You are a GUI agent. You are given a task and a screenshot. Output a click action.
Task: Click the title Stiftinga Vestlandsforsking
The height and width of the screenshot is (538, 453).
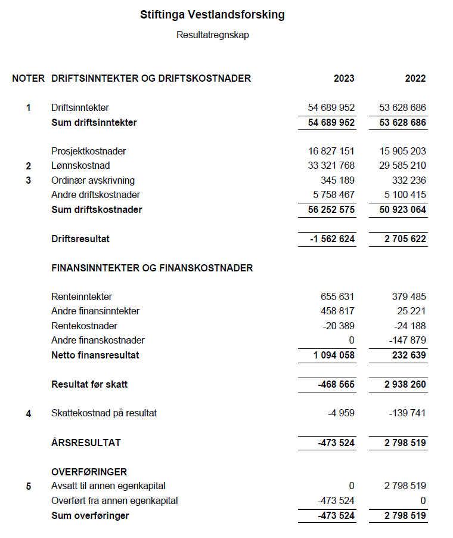point(212,15)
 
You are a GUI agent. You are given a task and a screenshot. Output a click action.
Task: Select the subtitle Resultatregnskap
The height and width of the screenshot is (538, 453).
point(212,35)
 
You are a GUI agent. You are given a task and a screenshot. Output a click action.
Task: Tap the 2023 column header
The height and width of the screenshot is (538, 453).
point(344,79)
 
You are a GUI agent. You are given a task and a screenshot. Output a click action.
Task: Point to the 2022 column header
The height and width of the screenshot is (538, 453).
point(415,79)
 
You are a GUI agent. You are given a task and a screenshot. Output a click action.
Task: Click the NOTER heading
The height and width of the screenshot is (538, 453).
point(28,79)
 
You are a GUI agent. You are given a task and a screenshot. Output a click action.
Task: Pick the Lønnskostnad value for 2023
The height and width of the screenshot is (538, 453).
point(331,166)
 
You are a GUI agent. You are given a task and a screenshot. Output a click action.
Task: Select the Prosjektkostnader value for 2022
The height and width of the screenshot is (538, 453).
point(403,151)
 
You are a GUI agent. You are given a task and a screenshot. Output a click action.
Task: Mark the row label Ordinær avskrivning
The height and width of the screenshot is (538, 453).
point(93,181)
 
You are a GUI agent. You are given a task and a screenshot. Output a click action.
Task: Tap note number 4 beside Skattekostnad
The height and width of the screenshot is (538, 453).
point(28,413)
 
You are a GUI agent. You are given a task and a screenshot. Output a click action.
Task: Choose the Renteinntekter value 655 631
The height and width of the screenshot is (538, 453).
point(338,297)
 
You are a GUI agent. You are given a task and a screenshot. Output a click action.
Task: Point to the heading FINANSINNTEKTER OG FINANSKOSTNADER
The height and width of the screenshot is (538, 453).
point(153,268)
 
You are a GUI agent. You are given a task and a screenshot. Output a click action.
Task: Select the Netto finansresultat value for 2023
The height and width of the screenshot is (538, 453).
point(334,355)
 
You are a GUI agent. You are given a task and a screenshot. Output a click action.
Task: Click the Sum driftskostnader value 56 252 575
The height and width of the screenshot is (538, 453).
point(331,210)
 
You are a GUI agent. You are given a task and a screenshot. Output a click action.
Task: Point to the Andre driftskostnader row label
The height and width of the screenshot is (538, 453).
point(96,195)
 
